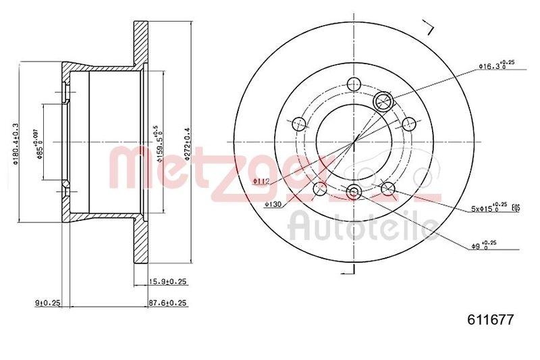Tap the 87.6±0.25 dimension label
(167, 303)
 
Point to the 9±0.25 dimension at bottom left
(47, 303)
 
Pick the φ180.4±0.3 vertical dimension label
(16, 141)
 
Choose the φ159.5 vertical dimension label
(156, 141)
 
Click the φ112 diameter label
(262, 181)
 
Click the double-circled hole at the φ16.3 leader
(383, 101)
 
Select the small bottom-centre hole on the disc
(354, 192)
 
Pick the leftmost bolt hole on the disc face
(298, 124)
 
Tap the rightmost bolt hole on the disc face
(408, 124)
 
